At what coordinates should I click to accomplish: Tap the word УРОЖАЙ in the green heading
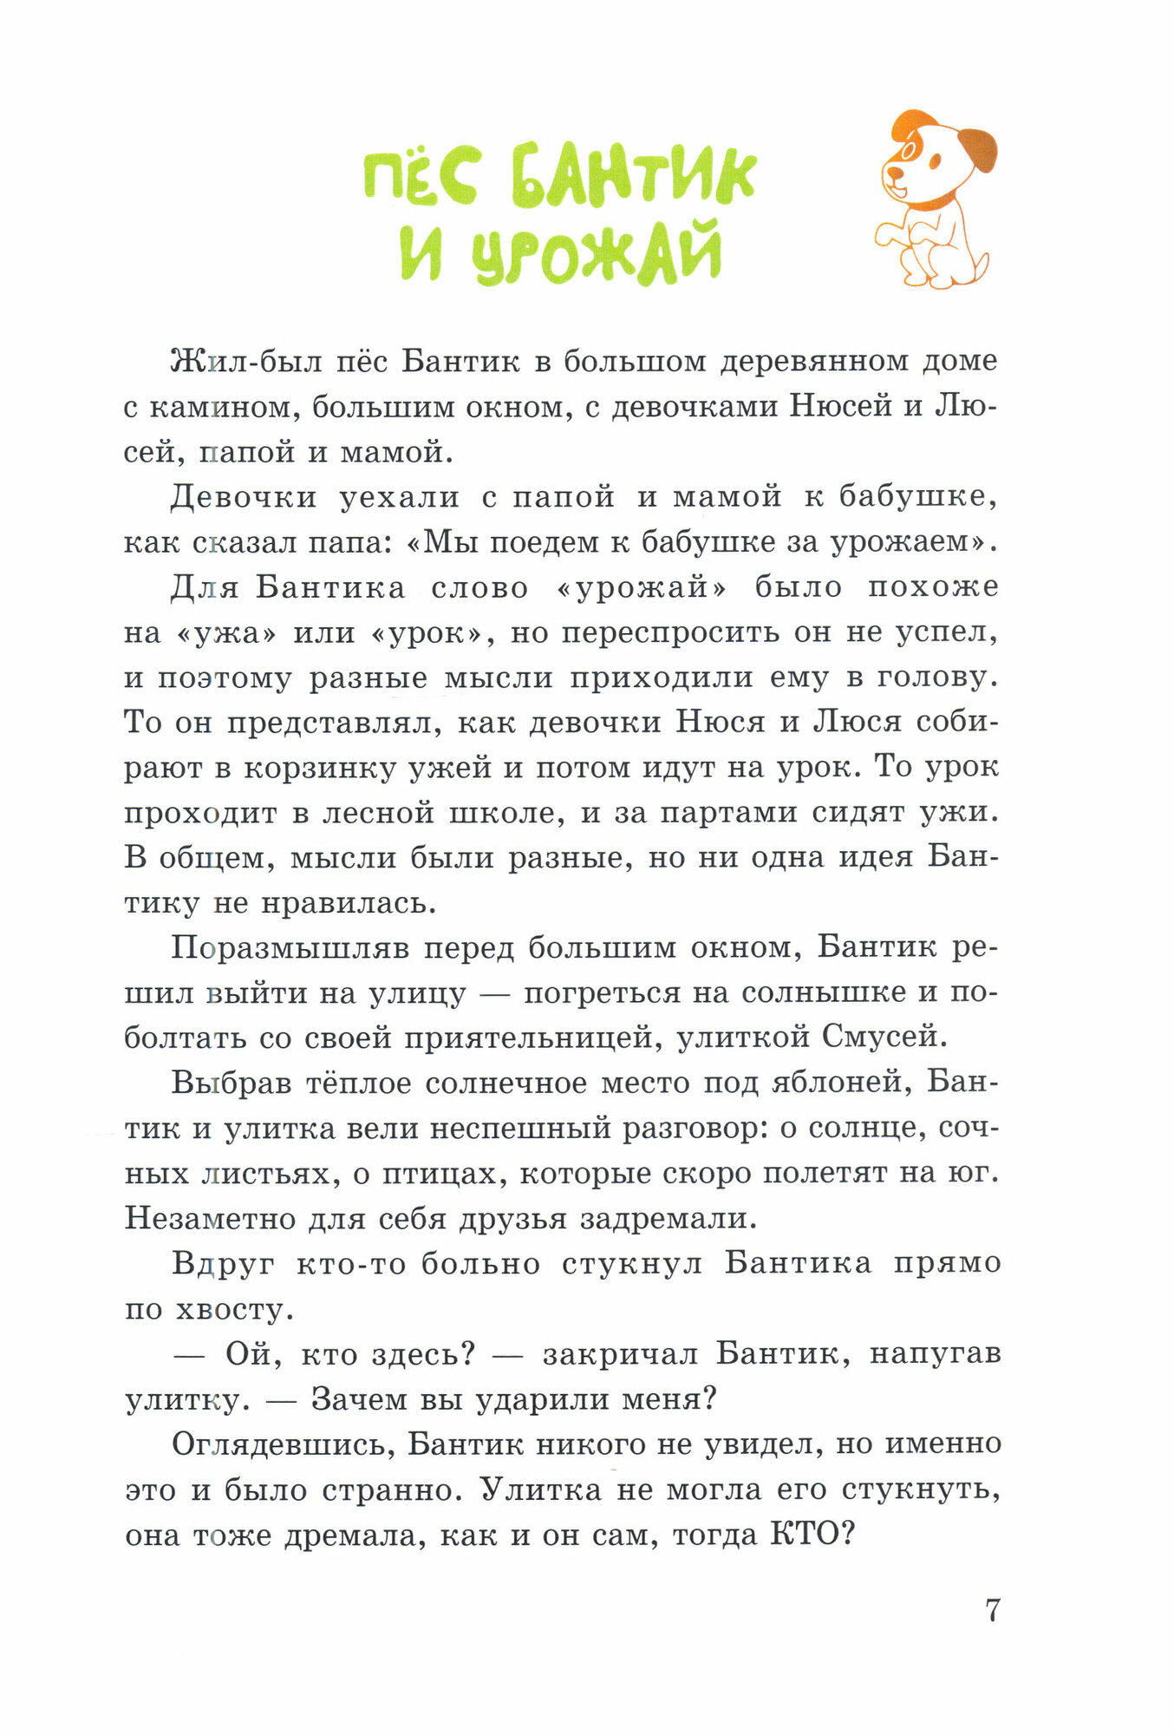coord(597,252)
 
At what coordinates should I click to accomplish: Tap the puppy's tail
coord(981,265)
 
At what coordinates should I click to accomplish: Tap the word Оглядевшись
coord(282,1445)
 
